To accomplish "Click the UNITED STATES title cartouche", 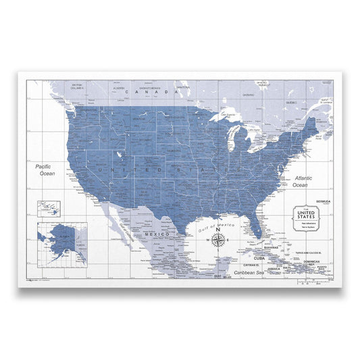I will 305,217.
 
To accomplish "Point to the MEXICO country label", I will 157,234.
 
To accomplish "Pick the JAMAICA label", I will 273,268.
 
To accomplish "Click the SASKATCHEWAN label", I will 149,88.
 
